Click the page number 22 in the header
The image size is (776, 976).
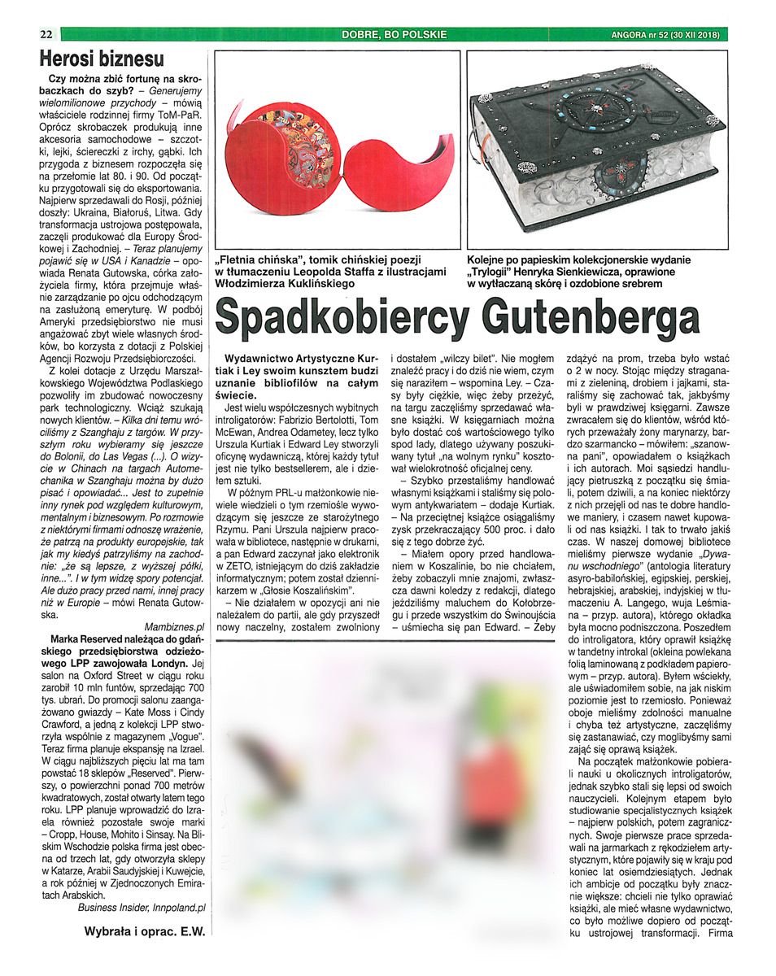tap(46, 34)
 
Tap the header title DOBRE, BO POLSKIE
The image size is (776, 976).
tap(395, 34)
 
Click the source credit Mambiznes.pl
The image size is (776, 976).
tap(173, 628)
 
